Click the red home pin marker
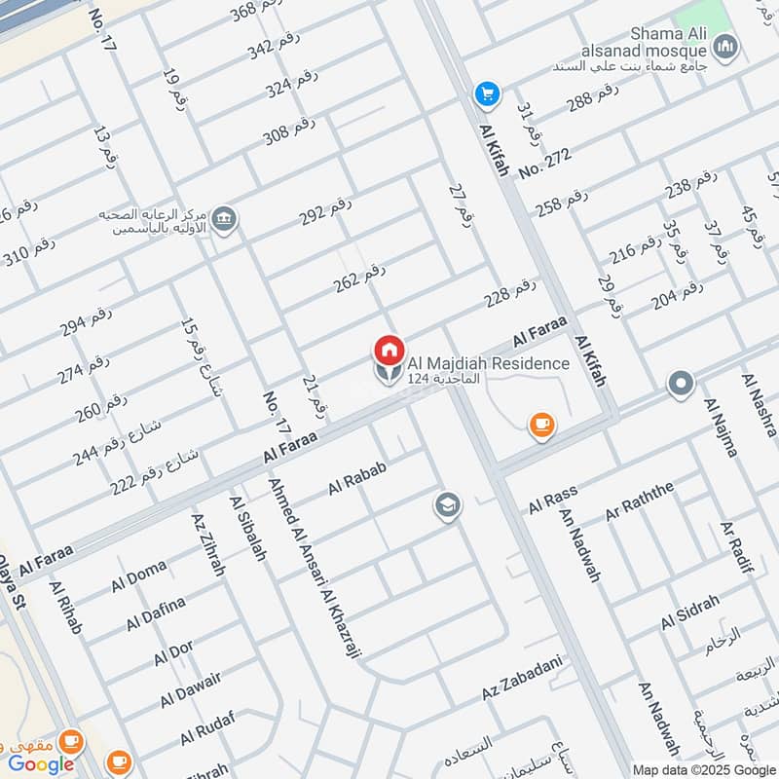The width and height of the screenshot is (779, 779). pos(389,349)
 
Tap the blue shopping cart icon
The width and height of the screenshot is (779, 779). pos(486,94)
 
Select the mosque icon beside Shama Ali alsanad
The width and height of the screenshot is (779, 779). pos(724,47)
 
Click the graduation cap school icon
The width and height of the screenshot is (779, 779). pos(447,504)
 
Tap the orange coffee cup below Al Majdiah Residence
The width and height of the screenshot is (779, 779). pos(541,424)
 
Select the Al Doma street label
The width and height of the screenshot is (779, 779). pos(139,575)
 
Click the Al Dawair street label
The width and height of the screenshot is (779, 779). pos(191,689)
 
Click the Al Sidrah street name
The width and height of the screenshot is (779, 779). pos(689,611)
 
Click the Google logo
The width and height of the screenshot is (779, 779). pos(42,763)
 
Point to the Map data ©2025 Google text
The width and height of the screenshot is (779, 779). pos(704,769)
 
